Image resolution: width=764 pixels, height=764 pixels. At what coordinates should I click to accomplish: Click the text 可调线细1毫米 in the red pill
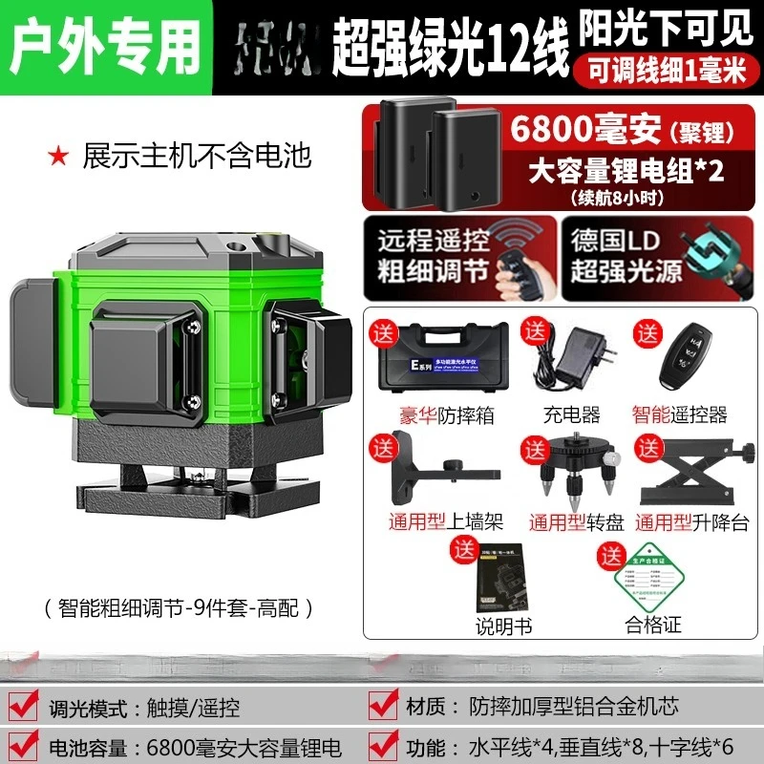point(663,70)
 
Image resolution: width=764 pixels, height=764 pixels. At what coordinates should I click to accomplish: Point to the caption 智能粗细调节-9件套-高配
point(179,606)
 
